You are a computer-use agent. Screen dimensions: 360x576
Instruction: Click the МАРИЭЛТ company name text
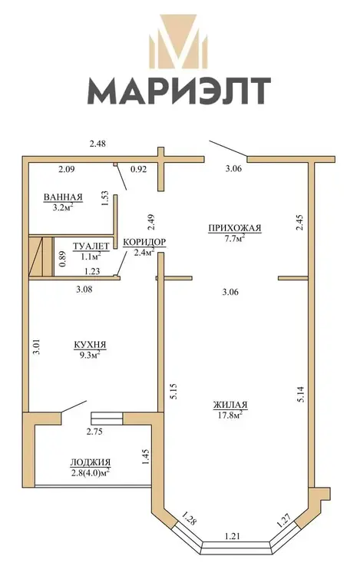(x=179, y=91)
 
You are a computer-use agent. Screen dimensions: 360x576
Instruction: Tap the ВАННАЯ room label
(x=63, y=197)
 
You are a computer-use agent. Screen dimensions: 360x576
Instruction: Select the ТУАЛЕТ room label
(x=91, y=246)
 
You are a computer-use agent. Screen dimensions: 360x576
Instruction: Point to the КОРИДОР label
(x=144, y=242)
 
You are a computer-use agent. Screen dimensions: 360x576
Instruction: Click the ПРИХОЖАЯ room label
(x=234, y=228)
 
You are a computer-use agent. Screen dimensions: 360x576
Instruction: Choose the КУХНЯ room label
(x=90, y=345)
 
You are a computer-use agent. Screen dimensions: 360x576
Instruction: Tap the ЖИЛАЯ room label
(x=230, y=406)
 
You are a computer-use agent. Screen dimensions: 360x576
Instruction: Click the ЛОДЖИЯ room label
(x=91, y=462)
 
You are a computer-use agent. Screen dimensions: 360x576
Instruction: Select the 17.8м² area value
(x=230, y=415)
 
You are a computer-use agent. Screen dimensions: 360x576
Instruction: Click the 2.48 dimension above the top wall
(x=97, y=144)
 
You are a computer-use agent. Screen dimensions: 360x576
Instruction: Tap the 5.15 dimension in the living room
(x=174, y=392)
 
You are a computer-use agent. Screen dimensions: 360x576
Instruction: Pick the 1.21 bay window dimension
(x=232, y=536)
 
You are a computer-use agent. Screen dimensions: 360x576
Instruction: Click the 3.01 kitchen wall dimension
(x=36, y=346)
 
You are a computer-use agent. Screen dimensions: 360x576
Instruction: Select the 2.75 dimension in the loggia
(x=94, y=432)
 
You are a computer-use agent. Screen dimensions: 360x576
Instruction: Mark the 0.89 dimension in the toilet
(x=63, y=259)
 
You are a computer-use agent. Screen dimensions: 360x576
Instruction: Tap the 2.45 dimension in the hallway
(x=300, y=223)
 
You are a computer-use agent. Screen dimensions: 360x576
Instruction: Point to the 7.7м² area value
(x=234, y=238)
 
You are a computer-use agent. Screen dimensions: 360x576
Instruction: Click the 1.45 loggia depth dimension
(x=145, y=457)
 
